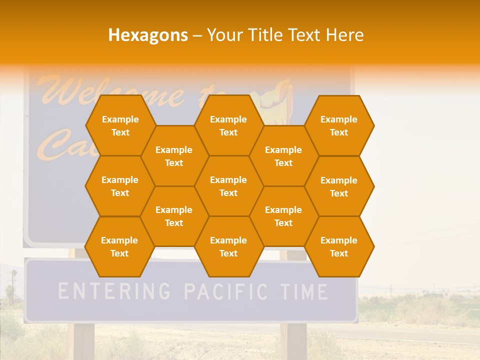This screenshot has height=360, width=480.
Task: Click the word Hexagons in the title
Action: click(x=148, y=35)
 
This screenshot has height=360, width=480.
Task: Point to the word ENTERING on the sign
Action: click(x=114, y=291)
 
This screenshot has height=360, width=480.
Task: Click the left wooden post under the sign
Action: click(x=83, y=340)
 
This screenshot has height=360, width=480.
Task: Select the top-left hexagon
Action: click(x=120, y=125)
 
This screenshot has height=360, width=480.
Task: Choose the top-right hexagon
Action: click(x=339, y=125)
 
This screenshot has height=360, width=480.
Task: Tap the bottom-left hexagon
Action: click(x=119, y=246)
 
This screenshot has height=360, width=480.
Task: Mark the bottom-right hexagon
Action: click(x=339, y=246)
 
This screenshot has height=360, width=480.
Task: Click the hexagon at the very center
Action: click(x=228, y=186)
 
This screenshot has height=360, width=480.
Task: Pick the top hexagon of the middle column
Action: click(x=228, y=125)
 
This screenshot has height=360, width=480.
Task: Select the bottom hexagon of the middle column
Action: click(x=228, y=246)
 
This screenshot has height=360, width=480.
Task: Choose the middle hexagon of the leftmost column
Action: click(x=120, y=186)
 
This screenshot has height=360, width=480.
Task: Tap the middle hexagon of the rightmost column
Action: click(x=339, y=186)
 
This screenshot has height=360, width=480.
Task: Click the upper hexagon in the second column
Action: click(x=174, y=156)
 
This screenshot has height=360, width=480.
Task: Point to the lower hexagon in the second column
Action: click(x=174, y=216)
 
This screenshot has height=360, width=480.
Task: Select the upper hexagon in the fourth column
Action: click(x=283, y=156)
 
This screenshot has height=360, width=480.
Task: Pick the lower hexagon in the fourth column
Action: click(x=283, y=216)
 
